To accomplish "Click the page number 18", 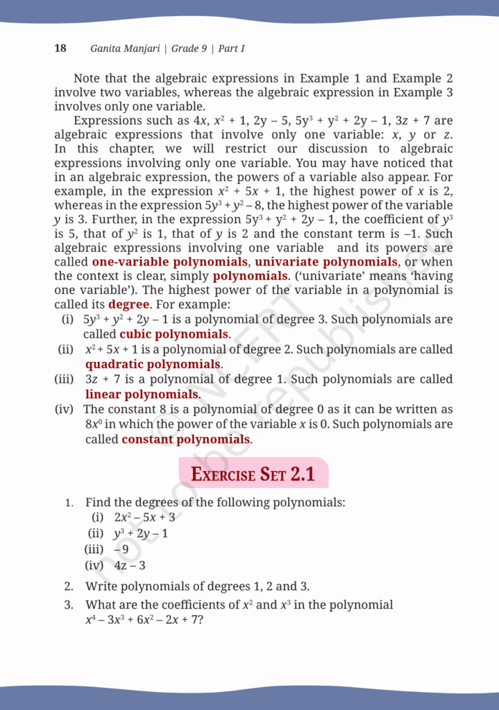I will click(x=60, y=49).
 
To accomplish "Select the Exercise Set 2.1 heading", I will click(x=253, y=474).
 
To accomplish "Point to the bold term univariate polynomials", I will click(x=326, y=262).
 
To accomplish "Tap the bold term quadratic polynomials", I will click(x=153, y=364).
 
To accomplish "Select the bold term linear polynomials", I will click(x=142, y=395).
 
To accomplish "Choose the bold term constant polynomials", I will click(x=185, y=439).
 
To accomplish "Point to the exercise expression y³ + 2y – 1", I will click(x=141, y=534).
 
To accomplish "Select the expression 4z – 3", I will click(x=130, y=566).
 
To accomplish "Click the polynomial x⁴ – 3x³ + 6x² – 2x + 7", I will click(x=144, y=619).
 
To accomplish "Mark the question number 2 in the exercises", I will click(x=69, y=586).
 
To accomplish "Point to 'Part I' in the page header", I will click(x=231, y=49).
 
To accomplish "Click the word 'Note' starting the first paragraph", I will click(x=87, y=78).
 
